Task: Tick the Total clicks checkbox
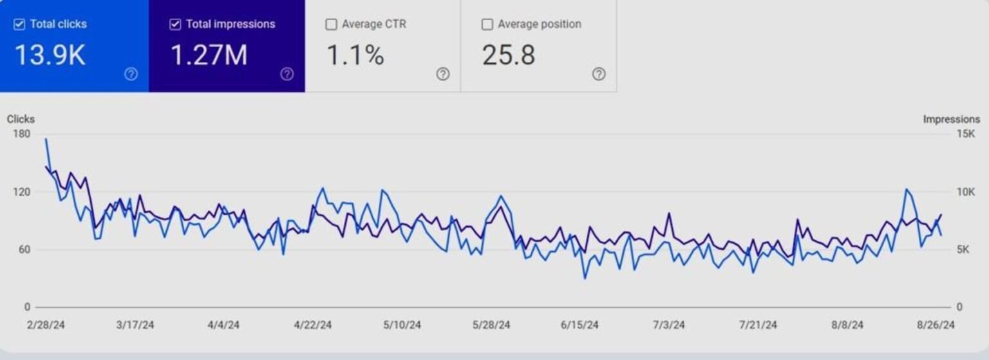tap(19, 24)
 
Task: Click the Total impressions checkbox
tap(175, 24)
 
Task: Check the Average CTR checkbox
tap(331, 24)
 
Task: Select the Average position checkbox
tap(487, 24)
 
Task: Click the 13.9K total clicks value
tap(50, 55)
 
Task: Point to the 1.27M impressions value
tap(209, 55)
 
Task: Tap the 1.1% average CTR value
tap(355, 55)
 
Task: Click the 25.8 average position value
tap(509, 55)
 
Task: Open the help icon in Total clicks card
tap(131, 74)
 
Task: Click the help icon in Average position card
tap(599, 74)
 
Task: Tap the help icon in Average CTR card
tap(443, 74)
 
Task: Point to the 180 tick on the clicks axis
tap(21, 134)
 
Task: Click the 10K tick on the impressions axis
tap(966, 192)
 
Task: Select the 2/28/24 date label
tap(46, 325)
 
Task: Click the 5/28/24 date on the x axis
tap(491, 325)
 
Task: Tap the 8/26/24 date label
tap(936, 325)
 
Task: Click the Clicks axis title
tap(21, 119)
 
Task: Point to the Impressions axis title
tap(951, 119)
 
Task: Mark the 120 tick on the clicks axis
tap(21, 192)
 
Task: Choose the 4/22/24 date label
tap(313, 325)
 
